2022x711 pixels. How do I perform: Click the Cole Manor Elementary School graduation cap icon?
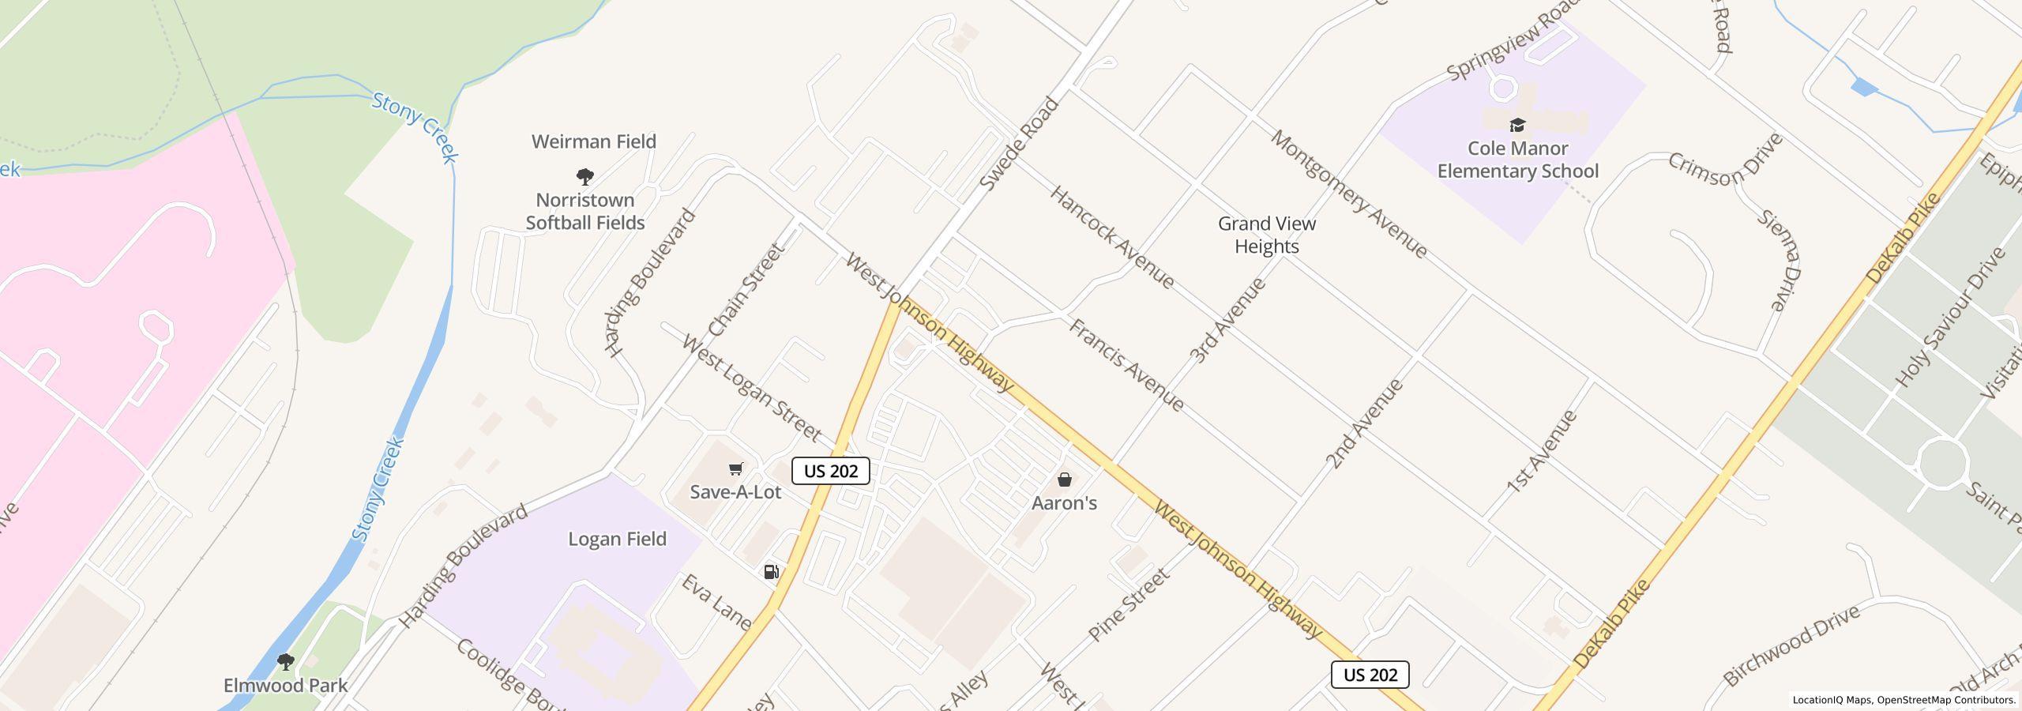1516,125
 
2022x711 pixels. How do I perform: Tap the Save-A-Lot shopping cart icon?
735,469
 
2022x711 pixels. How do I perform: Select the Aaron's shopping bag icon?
1064,480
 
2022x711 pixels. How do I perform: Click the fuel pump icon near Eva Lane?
771,572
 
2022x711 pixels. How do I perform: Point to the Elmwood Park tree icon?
285,662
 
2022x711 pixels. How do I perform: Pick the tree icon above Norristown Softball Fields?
584,176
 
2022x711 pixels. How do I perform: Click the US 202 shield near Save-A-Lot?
830,472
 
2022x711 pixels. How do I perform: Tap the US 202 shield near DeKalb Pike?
1370,675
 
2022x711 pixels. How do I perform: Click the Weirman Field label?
593,142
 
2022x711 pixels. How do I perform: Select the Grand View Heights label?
1266,235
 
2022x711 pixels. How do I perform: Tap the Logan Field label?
617,540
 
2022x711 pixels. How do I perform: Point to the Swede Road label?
1018,144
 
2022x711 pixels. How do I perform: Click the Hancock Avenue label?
1111,237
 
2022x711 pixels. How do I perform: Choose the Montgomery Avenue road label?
1348,194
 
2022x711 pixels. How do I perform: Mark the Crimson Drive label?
1725,169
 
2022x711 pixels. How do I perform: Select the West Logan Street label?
750,389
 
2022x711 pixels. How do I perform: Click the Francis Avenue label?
1126,365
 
